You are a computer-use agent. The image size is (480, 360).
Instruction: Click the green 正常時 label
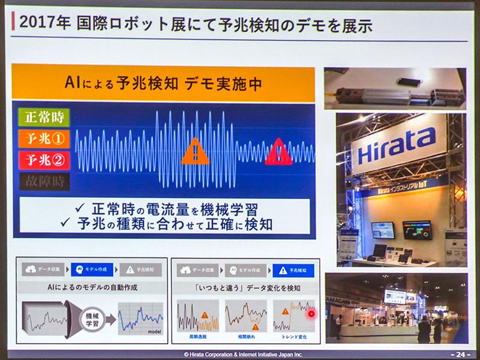44,116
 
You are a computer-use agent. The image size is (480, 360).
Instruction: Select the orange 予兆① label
44,138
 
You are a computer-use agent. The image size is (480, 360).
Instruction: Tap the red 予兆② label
44,160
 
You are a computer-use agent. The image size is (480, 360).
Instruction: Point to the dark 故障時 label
44,181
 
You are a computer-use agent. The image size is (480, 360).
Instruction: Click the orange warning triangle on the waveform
195,152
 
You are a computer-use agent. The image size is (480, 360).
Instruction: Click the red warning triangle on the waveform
278,152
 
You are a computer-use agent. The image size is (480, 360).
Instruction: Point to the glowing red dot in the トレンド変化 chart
311,313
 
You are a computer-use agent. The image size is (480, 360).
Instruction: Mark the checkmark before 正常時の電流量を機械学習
80,209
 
